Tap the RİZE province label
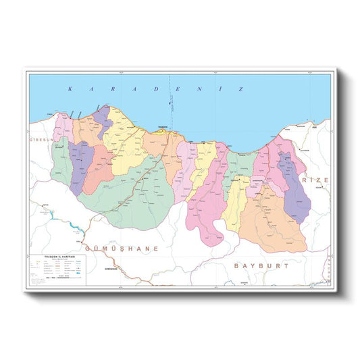pyautogui.click(x=316, y=181)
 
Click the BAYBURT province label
pyautogui.click(x=262, y=266)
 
